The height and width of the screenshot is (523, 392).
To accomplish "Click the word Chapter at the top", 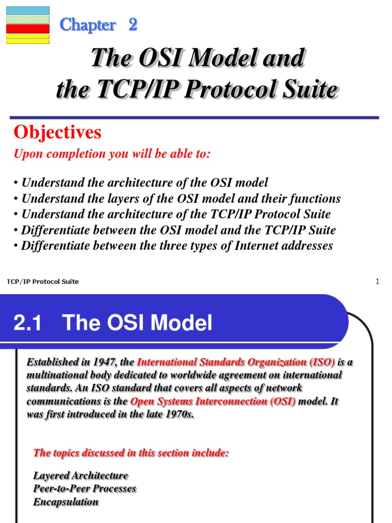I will point(87,25).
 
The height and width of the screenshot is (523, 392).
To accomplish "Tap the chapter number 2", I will point(133,24).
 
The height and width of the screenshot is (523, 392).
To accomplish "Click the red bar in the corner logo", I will point(28,29).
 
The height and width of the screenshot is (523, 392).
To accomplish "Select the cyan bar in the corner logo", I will point(28,10).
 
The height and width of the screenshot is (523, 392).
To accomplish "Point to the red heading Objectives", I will point(57,133).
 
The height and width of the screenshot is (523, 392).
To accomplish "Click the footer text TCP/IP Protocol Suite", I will point(43,281).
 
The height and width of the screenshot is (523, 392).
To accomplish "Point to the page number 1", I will point(377,281).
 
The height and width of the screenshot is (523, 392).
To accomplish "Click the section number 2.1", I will point(28,323).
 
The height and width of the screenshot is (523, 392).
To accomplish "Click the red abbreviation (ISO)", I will point(322,362).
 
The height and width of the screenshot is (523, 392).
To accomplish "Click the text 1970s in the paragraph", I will point(179,414).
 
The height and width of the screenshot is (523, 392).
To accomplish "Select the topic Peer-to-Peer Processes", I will point(85,489).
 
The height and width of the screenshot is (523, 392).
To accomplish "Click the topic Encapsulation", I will point(66,502).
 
